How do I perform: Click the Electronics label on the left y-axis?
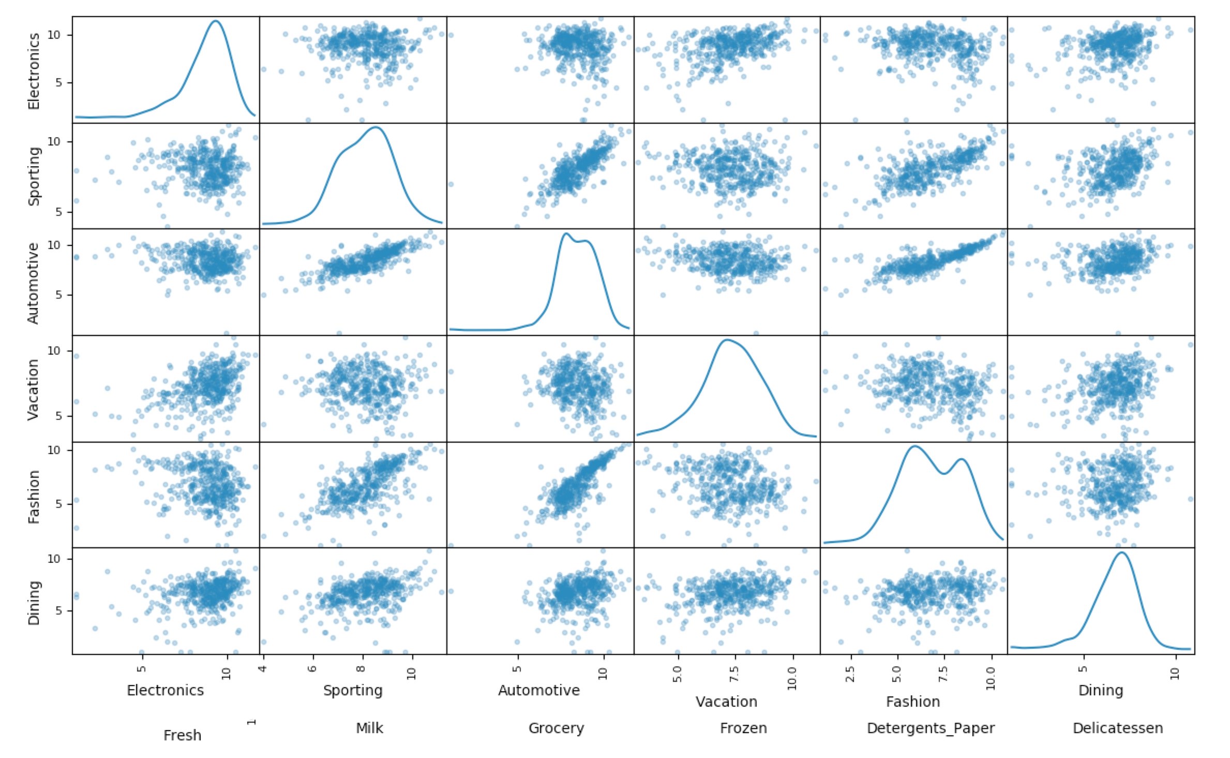tap(34, 71)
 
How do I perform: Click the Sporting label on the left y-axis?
tap(34, 176)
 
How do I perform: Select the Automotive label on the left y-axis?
tap(34, 283)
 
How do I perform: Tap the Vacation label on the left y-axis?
tap(34, 389)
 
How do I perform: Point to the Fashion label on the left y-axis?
tap(34, 497)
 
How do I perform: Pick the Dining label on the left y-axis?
tap(34, 603)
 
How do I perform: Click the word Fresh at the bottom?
tap(182, 735)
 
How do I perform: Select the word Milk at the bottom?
tap(369, 728)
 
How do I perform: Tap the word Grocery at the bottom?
tap(556, 728)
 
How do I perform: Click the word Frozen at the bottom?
tap(743, 728)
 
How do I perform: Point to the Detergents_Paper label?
tap(931, 728)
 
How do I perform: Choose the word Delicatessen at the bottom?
tap(1117, 728)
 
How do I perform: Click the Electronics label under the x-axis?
tap(165, 690)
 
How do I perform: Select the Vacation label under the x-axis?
tap(726, 702)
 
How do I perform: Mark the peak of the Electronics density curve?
tap(216, 21)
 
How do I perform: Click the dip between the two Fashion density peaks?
tap(943, 473)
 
